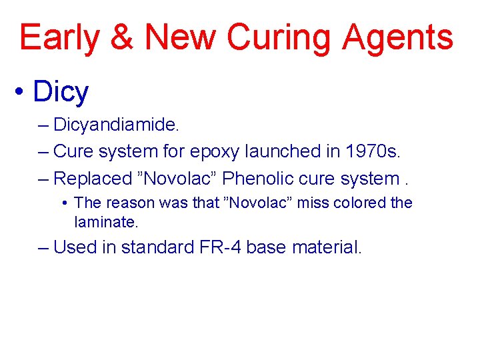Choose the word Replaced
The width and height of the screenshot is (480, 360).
pyautogui.click(x=93, y=178)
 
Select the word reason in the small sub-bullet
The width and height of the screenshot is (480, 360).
pyautogui.click(x=125, y=203)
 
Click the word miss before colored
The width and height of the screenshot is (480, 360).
pyautogui.click(x=311, y=203)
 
